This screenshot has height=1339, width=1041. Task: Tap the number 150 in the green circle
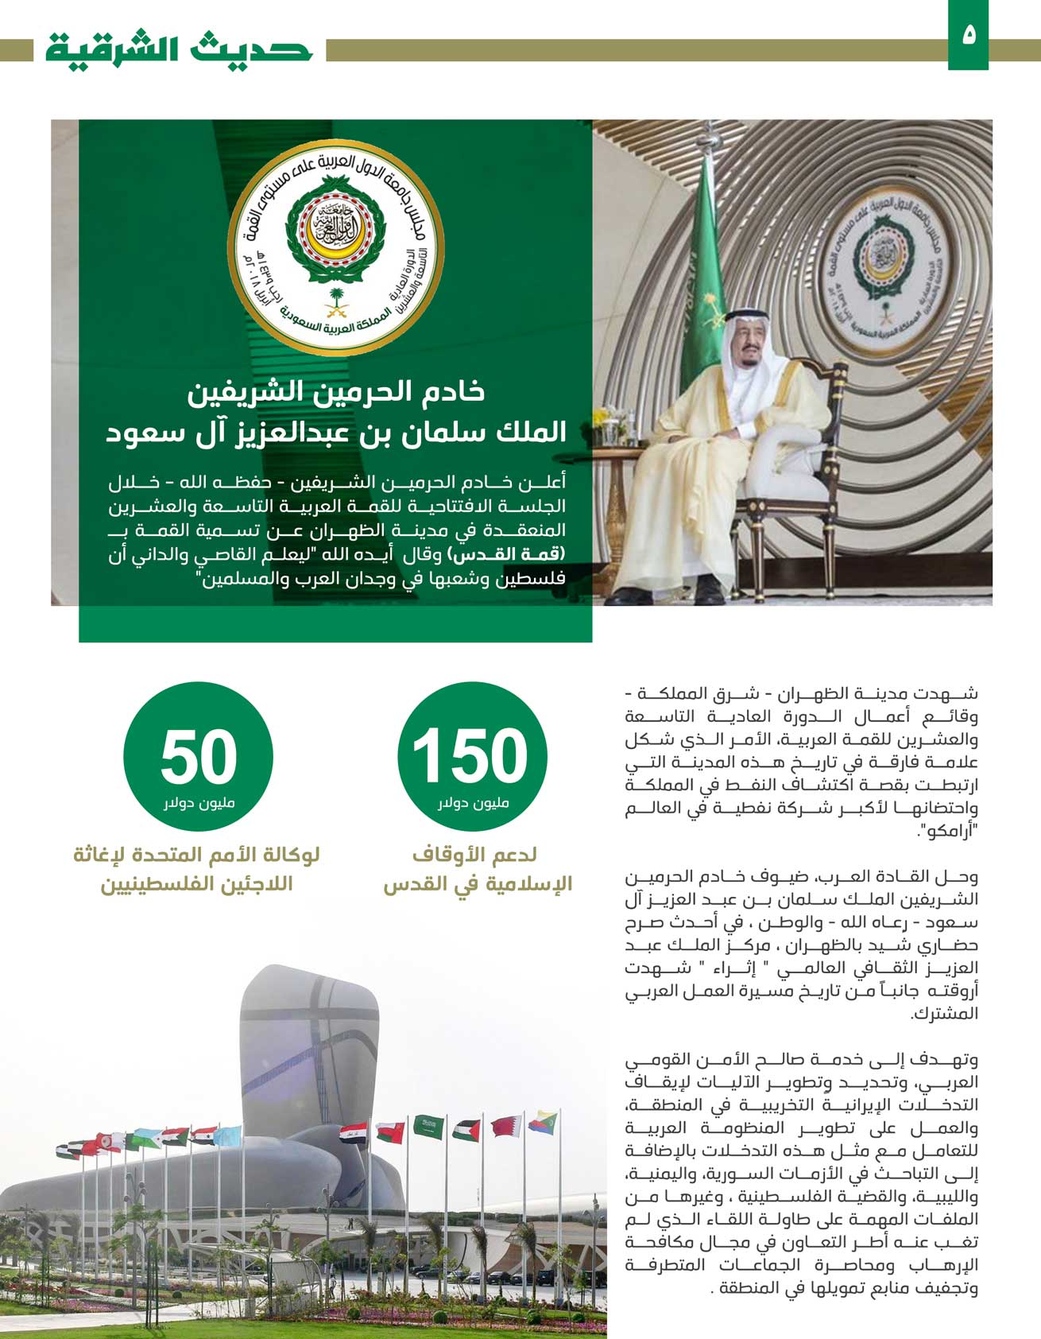470,755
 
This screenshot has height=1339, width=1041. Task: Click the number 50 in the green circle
199,755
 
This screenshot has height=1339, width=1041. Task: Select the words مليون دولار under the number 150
474,803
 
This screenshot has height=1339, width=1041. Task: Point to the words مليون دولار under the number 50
199,803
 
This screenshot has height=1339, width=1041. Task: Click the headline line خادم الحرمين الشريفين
336,393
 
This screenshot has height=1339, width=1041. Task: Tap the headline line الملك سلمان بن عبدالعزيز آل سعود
336,433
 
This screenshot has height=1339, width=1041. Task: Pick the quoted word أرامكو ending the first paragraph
947,832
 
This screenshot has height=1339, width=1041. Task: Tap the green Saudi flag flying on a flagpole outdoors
428,1125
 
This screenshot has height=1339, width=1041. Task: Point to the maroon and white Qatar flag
506,1126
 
